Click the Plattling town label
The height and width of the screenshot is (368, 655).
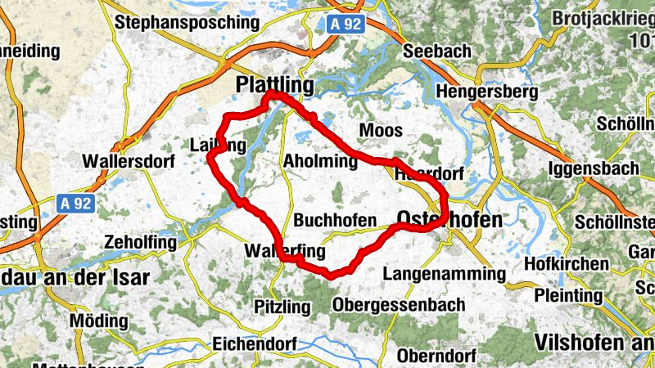[274, 85]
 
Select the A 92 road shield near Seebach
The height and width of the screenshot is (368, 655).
[346, 25]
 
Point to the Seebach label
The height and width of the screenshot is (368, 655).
[438, 51]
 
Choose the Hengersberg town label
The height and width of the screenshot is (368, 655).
[488, 92]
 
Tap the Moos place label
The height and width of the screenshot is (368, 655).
[381, 131]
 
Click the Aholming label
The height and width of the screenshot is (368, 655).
[320, 162]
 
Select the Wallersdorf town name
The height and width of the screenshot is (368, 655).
[129, 162]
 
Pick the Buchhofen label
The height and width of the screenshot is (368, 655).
[335, 221]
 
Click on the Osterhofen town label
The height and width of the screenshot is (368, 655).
[449, 218]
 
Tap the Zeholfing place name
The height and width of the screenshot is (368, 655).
[141, 243]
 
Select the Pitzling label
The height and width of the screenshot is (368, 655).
[283, 307]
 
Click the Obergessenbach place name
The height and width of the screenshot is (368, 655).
[399, 305]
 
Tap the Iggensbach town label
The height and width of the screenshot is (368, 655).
[594, 169]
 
